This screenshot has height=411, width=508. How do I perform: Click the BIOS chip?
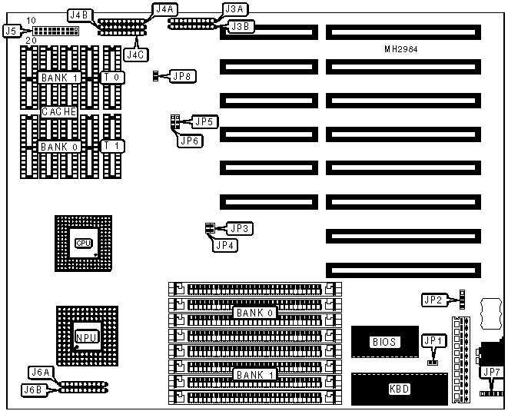pos(384,342)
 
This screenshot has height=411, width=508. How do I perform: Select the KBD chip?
pos(399,389)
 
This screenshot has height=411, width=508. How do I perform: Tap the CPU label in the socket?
pos(83,244)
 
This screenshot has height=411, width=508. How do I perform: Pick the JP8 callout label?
pos(184,76)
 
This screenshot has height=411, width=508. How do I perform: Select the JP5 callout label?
pos(204,121)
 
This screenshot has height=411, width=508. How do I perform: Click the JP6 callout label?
pos(190,140)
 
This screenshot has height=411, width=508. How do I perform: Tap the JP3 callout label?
pos(241,228)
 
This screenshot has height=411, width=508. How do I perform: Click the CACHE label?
pos(58,111)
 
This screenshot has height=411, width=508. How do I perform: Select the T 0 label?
pos(111,78)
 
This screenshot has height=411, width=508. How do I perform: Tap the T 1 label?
pos(111,146)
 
